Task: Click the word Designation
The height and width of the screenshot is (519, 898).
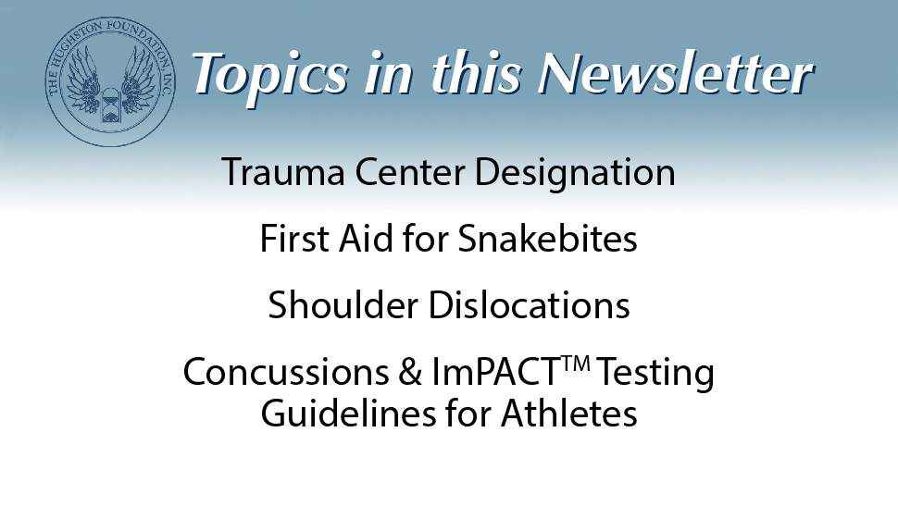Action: [581, 173]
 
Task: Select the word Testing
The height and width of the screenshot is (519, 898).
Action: [656, 373]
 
